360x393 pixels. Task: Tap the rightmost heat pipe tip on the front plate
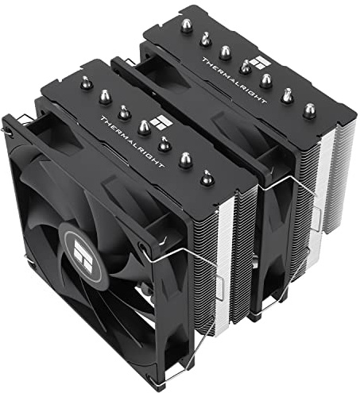pos(207,178)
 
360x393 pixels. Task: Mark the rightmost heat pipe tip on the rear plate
pos(309,111)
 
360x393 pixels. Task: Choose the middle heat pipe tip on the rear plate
pos(246,68)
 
